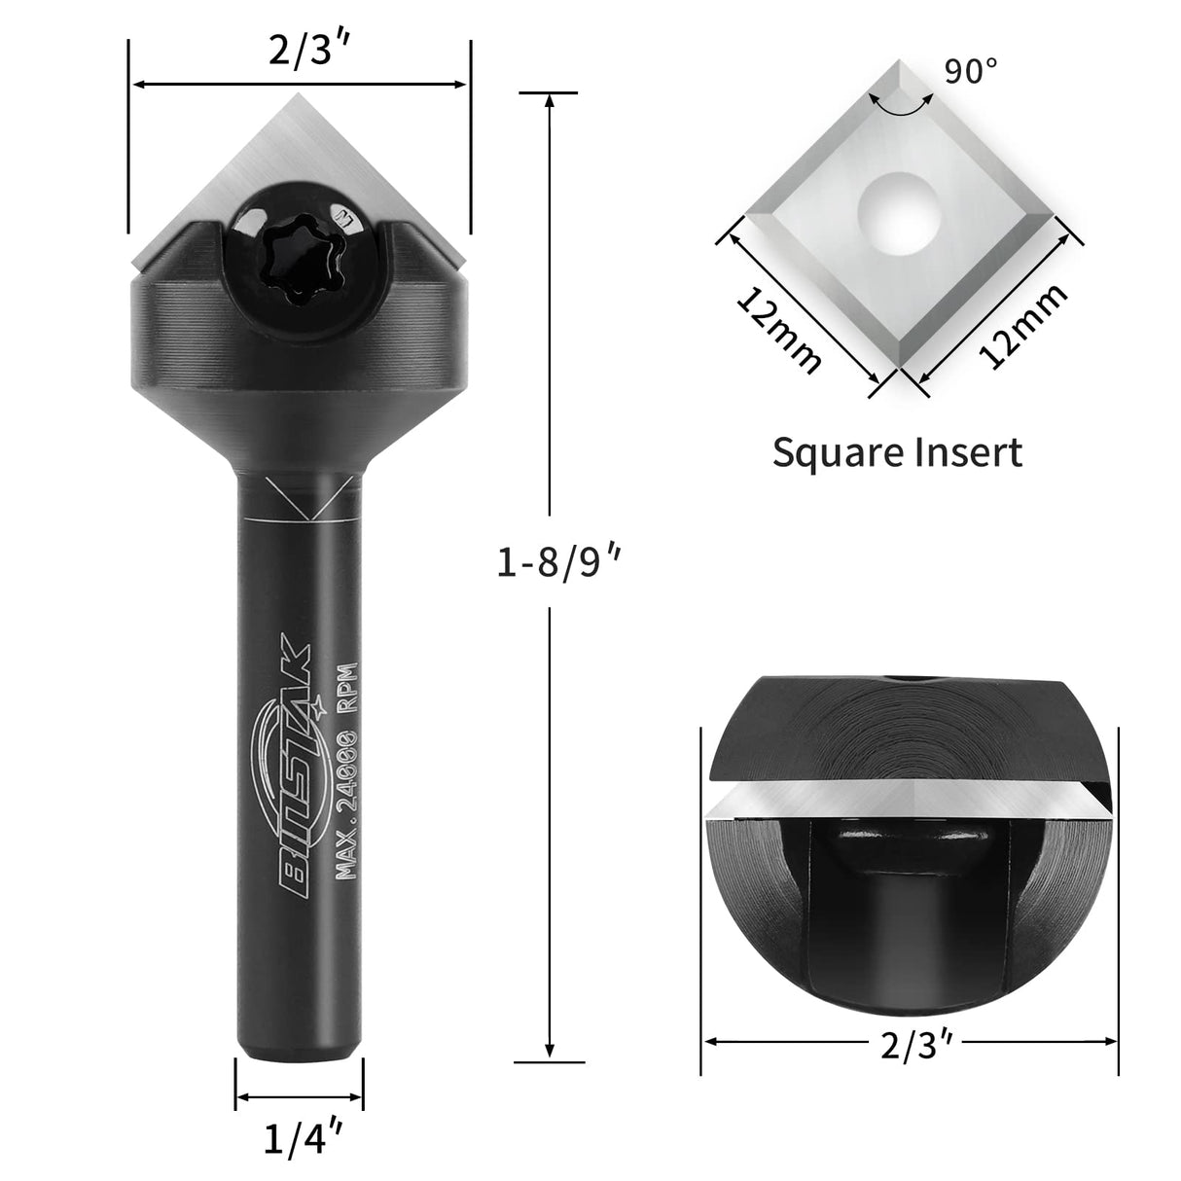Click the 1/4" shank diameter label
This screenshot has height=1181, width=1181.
click(x=299, y=1138)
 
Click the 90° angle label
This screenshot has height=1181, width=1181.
click(x=970, y=70)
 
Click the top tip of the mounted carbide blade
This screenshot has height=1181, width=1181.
click(x=300, y=96)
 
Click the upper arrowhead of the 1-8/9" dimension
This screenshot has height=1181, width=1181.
click(x=551, y=99)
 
